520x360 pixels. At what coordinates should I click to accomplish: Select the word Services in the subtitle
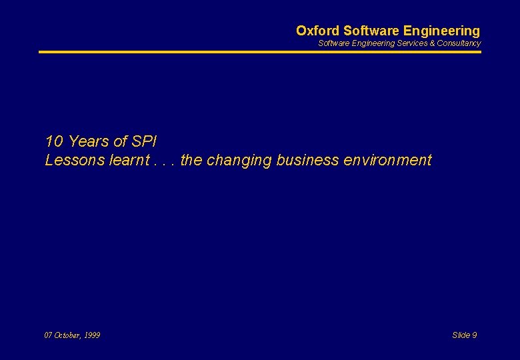[x=411, y=43]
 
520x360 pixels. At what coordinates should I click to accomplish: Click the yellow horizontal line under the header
[x=259, y=51]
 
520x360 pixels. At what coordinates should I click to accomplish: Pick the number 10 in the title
[x=54, y=141]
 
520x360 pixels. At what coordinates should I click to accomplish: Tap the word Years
[x=89, y=141]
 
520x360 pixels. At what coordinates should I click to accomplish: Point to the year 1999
[x=93, y=335]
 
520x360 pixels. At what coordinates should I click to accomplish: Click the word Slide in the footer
[x=461, y=335]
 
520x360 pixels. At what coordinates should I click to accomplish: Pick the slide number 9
[x=475, y=335]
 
